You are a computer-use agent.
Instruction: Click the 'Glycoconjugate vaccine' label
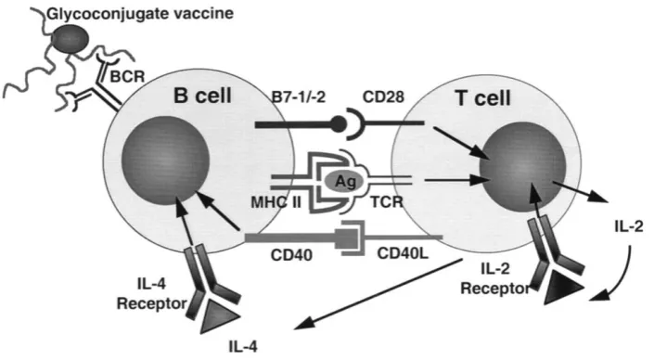point(140,14)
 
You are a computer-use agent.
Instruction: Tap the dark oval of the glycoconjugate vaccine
point(71,38)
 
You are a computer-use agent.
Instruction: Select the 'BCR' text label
point(127,76)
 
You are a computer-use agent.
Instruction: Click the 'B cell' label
point(202,96)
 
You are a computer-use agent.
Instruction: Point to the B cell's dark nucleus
point(165,161)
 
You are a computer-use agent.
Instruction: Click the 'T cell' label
point(483,98)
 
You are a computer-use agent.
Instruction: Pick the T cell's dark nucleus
point(522,167)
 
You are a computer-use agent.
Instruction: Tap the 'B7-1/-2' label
point(298,96)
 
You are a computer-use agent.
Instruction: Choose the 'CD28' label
point(383,96)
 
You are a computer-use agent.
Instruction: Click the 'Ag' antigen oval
point(344,182)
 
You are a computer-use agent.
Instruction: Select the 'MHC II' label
point(276,202)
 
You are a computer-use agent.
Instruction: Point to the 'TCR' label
point(387,202)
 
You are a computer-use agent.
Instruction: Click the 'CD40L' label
point(403,252)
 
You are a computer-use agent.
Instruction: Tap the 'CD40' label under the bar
point(291,254)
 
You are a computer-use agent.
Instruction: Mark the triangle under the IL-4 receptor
point(219,318)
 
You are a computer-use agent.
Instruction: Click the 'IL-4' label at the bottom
point(243,347)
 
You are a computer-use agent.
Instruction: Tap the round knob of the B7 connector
point(339,123)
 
